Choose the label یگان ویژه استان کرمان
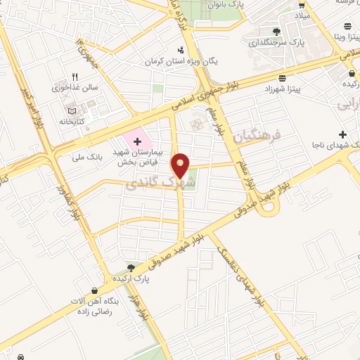181,62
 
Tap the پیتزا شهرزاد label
268,90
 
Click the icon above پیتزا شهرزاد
281,79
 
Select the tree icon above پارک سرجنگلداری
276,31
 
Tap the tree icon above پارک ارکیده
130,266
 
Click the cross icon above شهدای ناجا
342,134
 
